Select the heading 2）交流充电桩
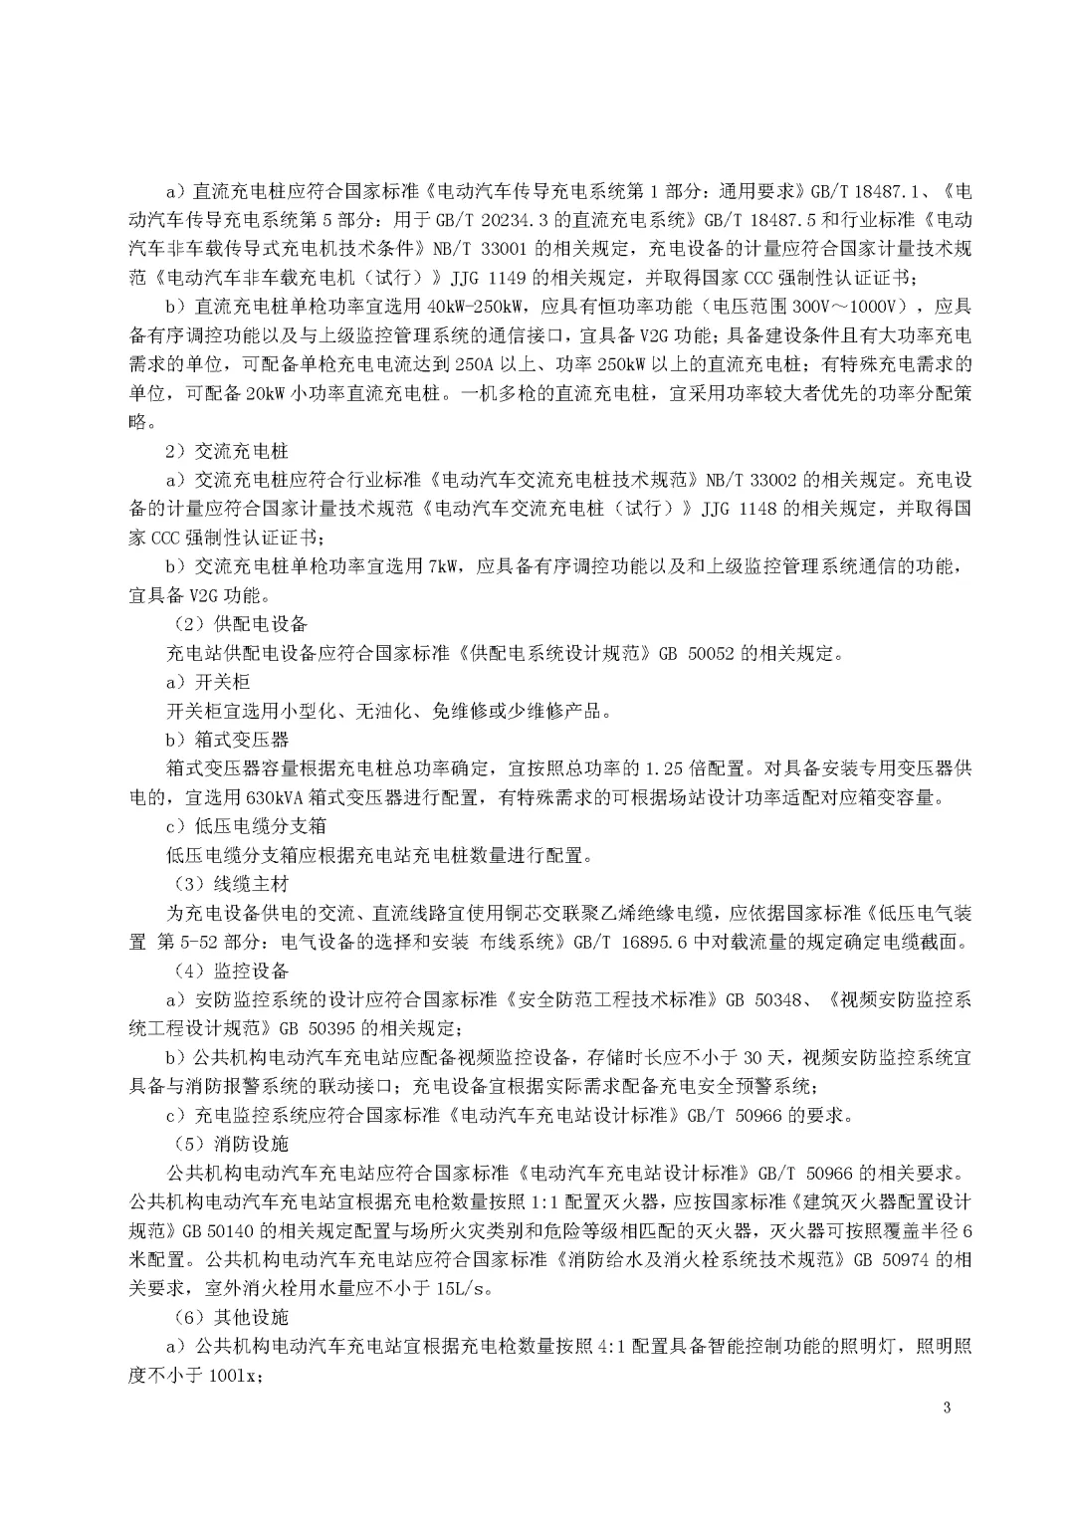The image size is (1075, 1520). click(x=220, y=450)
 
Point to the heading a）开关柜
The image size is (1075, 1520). click(x=207, y=682)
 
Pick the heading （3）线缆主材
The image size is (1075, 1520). click(x=226, y=884)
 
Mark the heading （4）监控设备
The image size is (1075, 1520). click(x=226, y=971)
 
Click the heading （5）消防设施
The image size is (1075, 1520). click(x=226, y=1144)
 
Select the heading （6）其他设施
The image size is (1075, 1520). click(x=226, y=1317)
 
